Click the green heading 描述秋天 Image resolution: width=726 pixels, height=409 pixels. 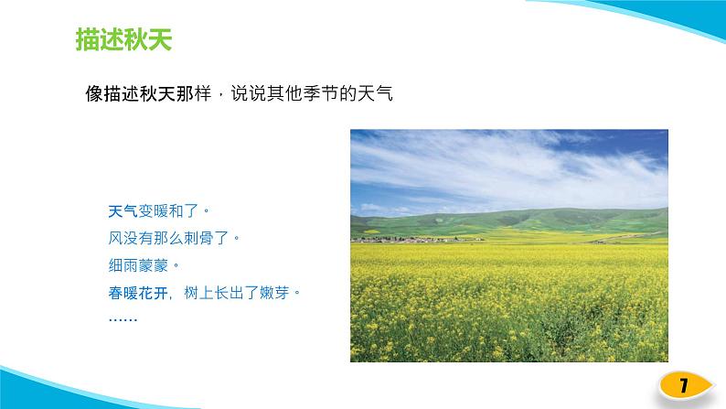pyautogui.click(x=124, y=40)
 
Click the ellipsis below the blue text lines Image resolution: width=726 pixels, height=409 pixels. pyautogui.click(x=123, y=318)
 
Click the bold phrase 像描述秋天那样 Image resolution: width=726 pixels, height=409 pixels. pyautogui.click(x=145, y=93)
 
